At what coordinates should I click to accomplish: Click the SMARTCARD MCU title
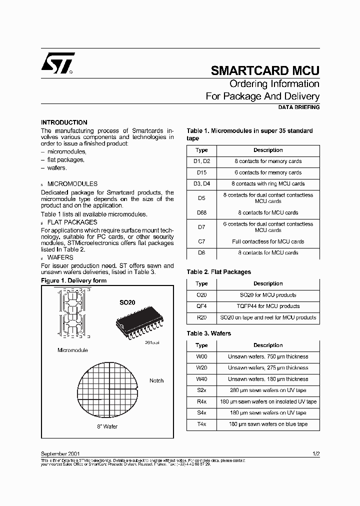(265, 70)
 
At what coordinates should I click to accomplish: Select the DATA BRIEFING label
(298, 107)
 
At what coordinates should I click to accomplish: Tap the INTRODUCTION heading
(64, 122)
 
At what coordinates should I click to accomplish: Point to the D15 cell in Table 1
(201, 172)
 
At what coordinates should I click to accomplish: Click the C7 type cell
(201, 241)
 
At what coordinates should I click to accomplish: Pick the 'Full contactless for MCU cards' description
(268, 241)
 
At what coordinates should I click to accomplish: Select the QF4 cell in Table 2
(201, 306)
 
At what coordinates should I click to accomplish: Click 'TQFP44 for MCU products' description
(268, 306)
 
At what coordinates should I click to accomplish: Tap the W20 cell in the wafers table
(201, 367)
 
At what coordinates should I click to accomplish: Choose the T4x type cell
(201, 424)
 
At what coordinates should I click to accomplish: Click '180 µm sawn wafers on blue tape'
(268, 424)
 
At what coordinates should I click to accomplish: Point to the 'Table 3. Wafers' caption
(209, 333)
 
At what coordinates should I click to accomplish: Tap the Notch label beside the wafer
(156, 380)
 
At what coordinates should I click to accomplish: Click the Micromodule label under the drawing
(72, 350)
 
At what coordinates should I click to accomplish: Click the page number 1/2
(316, 453)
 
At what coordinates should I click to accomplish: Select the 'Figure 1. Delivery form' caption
(73, 280)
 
